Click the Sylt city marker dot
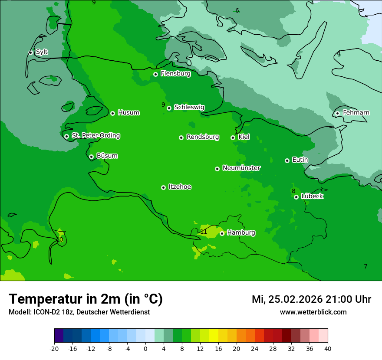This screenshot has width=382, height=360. click(x=30, y=52)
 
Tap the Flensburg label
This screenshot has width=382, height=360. click(x=175, y=74)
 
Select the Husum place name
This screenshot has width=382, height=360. click(x=128, y=113)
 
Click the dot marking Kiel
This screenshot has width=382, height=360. click(x=233, y=137)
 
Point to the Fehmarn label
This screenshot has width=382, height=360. click(x=356, y=113)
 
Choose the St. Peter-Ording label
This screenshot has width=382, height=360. click(x=95, y=136)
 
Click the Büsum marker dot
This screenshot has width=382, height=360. click(x=91, y=157)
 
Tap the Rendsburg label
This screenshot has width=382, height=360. click(x=203, y=137)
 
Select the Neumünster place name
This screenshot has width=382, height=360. click(x=241, y=168)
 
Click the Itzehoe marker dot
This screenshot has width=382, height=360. click(x=163, y=187)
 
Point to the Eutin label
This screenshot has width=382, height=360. click(x=300, y=160)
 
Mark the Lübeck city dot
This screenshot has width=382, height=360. click(x=296, y=197)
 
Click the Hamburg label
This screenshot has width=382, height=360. click(x=241, y=233)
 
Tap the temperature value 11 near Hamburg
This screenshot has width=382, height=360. click(x=204, y=232)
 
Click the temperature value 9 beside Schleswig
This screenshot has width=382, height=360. click(x=163, y=105)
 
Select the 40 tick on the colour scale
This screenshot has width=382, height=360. click(x=327, y=348)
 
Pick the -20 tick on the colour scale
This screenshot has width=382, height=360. click(x=54, y=348)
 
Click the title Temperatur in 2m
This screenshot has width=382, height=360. click(x=86, y=299)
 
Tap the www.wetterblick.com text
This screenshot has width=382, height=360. click(x=313, y=312)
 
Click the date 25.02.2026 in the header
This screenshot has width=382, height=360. click(x=295, y=299)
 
